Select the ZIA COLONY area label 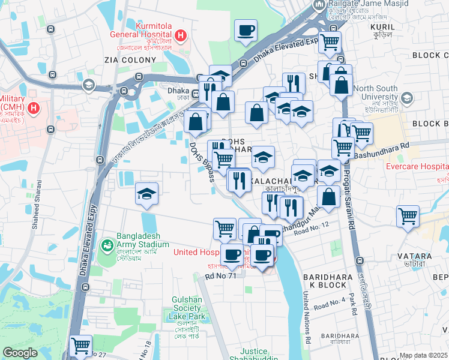pyautogui.click(x=130, y=60)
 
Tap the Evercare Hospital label pyautogui.click(x=417, y=167)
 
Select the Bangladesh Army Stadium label pyautogui.click(x=143, y=240)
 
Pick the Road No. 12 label pyautogui.click(x=312, y=226)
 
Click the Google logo pyautogui.click(x=20, y=353)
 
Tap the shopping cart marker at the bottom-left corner pyautogui.click(x=80, y=346)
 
